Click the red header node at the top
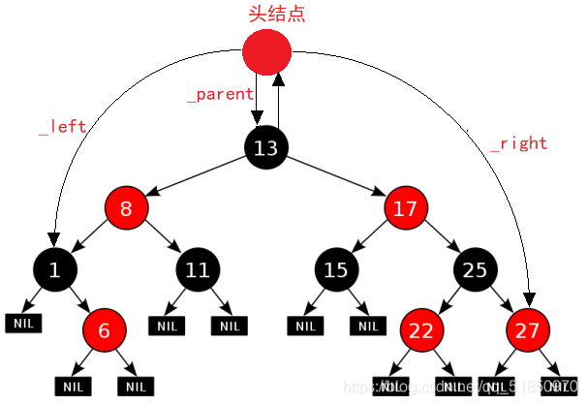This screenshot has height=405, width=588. pos(266,51)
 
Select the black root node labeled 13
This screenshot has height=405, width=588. pos(266,148)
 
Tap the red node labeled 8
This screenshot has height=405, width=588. pos(128,208)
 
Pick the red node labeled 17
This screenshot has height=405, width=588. pos(406,208)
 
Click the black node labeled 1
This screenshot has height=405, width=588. pos(54,270)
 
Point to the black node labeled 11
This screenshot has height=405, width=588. pos(198,270)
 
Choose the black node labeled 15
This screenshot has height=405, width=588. pos(335,270)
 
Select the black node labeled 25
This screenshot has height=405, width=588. pos(475,270)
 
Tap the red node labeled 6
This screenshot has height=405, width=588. pos(105,330)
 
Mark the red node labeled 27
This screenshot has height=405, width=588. pos(527,330)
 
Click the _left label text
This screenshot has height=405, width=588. pos(62,126)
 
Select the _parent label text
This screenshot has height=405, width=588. pos(220,95)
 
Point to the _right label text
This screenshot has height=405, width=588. pos(518,143)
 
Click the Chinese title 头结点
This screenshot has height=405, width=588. pos(265,13)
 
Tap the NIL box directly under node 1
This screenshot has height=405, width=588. pos(24,324)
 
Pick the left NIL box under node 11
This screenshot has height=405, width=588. pos(168,327)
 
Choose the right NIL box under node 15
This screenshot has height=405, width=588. pos(367,327)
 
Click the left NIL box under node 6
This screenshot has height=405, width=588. pos(73,386)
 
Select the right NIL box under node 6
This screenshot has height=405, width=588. pos(136,386)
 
